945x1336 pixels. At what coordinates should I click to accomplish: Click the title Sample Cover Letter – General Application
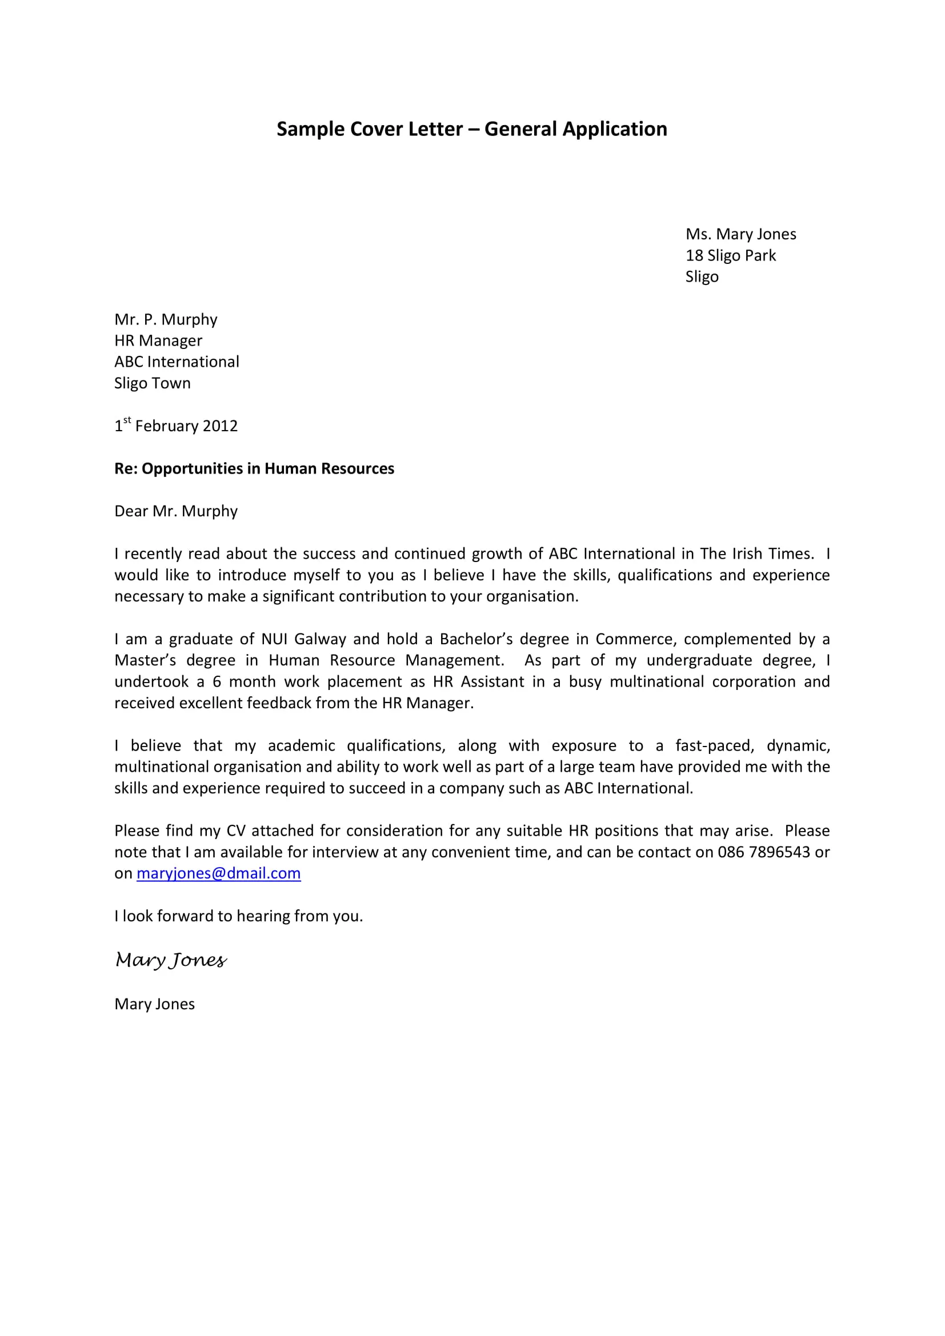tap(471, 129)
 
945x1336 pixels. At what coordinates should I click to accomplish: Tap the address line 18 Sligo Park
tap(730, 255)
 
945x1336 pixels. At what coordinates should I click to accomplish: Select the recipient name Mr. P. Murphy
tap(166, 319)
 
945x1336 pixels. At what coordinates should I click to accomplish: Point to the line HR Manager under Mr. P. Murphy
tap(158, 340)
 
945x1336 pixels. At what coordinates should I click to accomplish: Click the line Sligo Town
tap(153, 383)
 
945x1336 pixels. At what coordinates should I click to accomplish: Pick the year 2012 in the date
tap(221, 426)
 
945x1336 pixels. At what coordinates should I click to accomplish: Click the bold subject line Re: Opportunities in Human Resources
tap(254, 468)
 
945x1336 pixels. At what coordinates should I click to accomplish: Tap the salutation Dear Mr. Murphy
tap(176, 511)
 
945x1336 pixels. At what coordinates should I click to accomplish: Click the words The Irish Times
tap(756, 553)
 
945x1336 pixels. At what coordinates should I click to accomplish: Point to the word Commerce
tap(634, 639)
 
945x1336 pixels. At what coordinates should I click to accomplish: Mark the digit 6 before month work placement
tap(217, 681)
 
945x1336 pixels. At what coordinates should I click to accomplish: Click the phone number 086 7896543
tap(763, 852)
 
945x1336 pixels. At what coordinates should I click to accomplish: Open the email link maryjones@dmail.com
tap(218, 873)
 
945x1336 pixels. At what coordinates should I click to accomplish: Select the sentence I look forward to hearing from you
tap(239, 916)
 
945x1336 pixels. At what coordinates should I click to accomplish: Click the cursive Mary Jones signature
tap(170, 960)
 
